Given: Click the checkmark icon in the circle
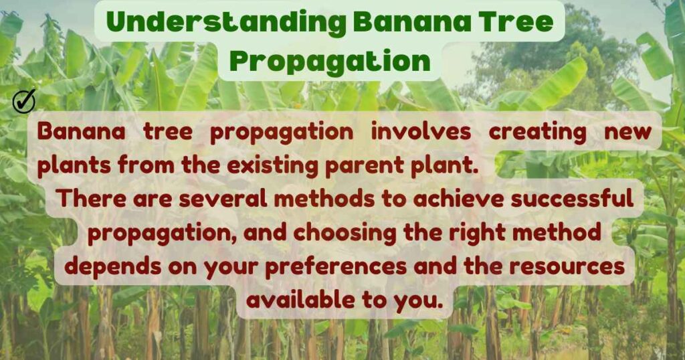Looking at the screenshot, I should coord(24,101).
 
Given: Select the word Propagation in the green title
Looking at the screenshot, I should coord(329,61).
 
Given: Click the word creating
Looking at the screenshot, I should coord(546,132).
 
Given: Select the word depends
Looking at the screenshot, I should coord(114,266).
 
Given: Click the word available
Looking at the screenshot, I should coord(302,300).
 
